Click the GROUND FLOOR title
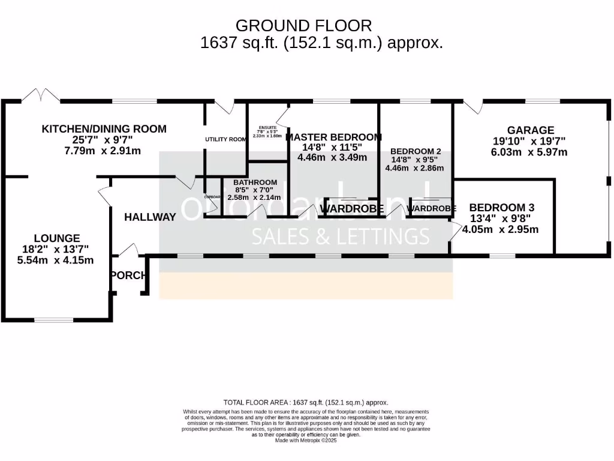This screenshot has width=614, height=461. (x=303, y=26)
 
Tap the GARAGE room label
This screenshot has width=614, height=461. (x=530, y=130)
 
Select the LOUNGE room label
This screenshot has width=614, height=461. (x=56, y=238)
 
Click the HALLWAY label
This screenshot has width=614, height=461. (x=150, y=217)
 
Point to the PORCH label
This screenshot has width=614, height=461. (x=128, y=276)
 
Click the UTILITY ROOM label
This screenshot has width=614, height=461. (x=225, y=139)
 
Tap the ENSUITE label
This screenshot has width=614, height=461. (x=267, y=127)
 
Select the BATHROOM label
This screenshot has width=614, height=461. (x=255, y=182)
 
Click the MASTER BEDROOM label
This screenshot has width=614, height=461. (x=333, y=137)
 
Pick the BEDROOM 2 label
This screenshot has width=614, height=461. (x=416, y=151)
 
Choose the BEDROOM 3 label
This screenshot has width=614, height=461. (x=501, y=207)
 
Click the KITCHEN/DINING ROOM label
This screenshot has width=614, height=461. (x=104, y=128)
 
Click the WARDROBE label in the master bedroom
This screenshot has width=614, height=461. (x=352, y=208)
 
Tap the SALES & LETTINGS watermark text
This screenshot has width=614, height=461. (x=340, y=237)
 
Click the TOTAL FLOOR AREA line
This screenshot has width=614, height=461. (x=305, y=402)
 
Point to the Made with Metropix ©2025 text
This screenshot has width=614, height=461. (x=306, y=440)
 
